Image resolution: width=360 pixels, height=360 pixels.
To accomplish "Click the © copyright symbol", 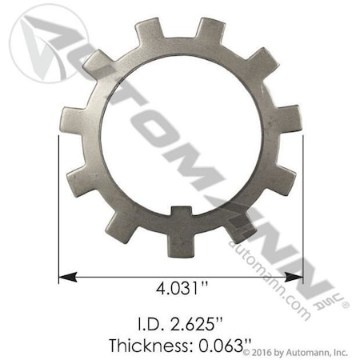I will tap(246, 352).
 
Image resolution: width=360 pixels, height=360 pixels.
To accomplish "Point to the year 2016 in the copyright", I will tap(262, 352).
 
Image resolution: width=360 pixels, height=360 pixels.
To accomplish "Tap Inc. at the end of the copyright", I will tap(343, 352).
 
